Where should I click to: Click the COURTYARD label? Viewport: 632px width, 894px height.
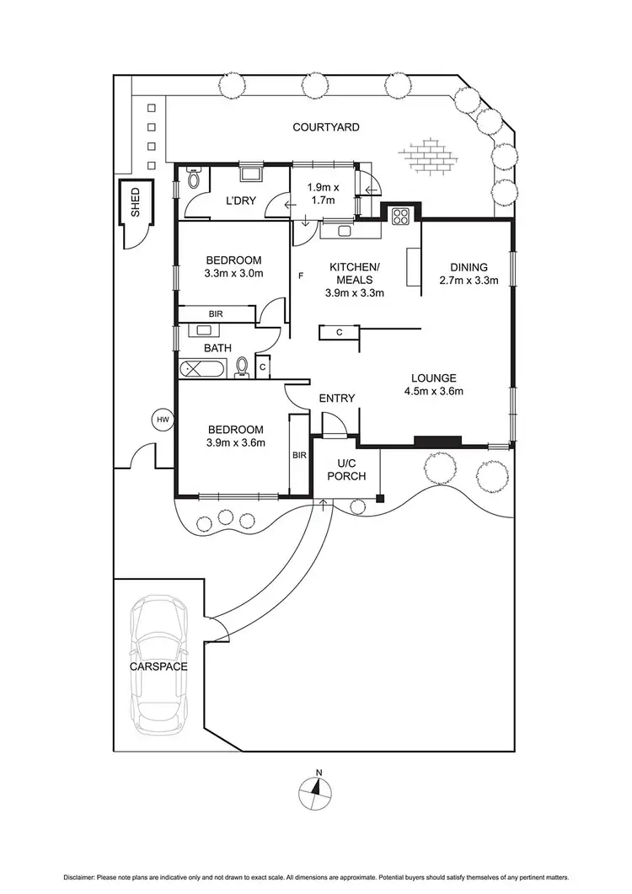pyautogui.click(x=326, y=127)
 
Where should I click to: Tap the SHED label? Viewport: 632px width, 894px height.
pyautogui.click(x=136, y=202)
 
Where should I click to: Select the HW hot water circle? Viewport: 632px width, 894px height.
pyautogui.click(x=163, y=420)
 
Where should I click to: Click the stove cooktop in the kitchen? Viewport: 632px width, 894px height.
pyautogui.click(x=400, y=214)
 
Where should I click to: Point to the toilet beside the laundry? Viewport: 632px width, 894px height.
pyautogui.click(x=193, y=179)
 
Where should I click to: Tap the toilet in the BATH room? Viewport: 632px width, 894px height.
pyautogui.click(x=242, y=367)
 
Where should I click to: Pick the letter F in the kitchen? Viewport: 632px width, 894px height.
pyautogui.click(x=301, y=276)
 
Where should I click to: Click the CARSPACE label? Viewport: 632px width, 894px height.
pyautogui.click(x=158, y=666)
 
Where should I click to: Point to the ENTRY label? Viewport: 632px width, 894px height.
pyautogui.click(x=336, y=399)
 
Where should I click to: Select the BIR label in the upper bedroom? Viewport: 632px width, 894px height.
pyautogui.click(x=216, y=314)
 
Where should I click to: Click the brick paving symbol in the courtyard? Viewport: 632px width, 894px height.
pyautogui.click(x=428, y=153)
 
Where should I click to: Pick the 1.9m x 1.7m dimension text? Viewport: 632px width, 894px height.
pyautogui.click(x=323, y=194)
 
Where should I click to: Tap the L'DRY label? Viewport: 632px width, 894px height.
pyautogui.click(x=241, y=201)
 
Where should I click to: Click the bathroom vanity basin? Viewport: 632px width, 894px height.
pyautogui.click(x=204, y=329)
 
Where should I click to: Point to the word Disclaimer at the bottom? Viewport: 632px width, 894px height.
pyautogui.click(x=79, y=877)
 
